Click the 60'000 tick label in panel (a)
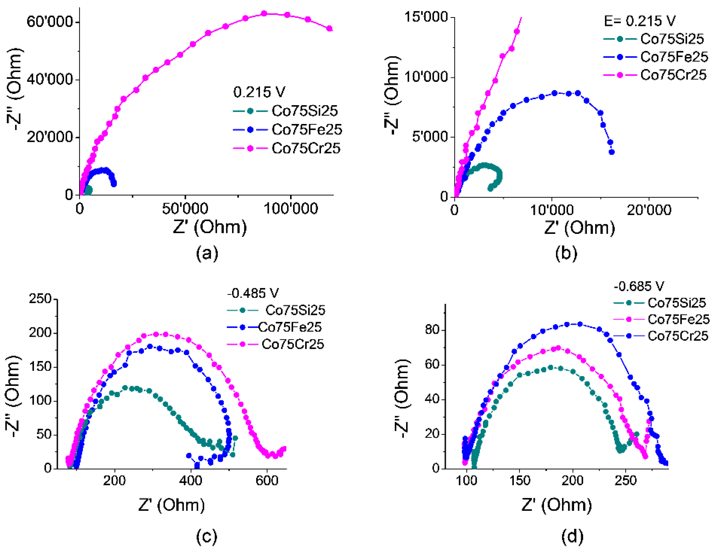[x=49, y=22]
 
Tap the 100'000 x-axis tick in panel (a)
[x=290, y=208]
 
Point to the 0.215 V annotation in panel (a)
[x=259, y=92]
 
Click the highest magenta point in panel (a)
[x=264, y=14]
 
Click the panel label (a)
[x=207, y=253]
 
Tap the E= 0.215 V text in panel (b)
[x=639, y=21]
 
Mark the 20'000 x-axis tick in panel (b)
[x=649, y=210]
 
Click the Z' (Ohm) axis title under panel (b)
[x=579, y=227]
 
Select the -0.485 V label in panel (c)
[x=253, y=293]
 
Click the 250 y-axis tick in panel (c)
[x=40, y=299]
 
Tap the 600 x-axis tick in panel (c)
[x=267, y=481]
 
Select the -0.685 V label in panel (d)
[x=638, y=286]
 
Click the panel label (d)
[x=572, y=537]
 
